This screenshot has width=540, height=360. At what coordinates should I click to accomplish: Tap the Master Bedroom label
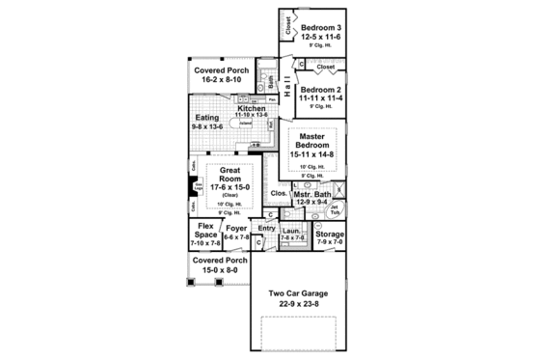click(313, 139)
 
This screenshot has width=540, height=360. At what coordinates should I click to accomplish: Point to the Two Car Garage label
click(298, 292)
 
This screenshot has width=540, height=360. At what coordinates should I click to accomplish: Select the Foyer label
click(236, 229)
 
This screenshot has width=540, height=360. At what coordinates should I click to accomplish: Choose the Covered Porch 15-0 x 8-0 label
click(219, 261)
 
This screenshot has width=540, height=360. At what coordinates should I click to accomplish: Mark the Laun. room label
click(292, 233)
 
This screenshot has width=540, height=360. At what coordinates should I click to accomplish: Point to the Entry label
click(266, 228)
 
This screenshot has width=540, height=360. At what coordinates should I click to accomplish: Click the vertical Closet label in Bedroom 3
click(288, 24)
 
